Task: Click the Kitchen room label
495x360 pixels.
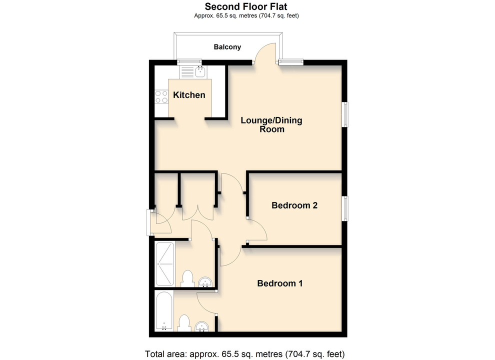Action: pyautogui.click(x=189, y=95)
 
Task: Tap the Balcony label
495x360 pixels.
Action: pyautogui.click(x=227, y=47)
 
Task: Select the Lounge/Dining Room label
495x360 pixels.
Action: pyautogui.click(x=271, y=124)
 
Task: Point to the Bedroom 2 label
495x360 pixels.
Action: pyautogui.click(x=294, y=205)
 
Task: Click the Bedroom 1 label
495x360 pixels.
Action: pyautogui.click(x=280, y=283)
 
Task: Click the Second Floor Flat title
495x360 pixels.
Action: pyautogui.click(x=246, y=6)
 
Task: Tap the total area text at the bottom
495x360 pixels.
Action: pyautogui.click(x=244, y=354)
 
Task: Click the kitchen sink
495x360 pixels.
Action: pyautogui.click(x=200, y=72)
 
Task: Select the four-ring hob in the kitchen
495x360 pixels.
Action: pyautogui.click(x=161, y=97)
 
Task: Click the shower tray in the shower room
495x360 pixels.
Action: pyautogui.click(x=165, y=263)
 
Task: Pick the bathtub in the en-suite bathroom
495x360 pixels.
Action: pyautogui.click(x=164, y=310)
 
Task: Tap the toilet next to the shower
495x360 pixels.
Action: pyautogui.click(x=187, y=278)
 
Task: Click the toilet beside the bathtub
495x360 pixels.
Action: pyautogui.click(x=183, y=322)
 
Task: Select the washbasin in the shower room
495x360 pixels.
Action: pyautogui.click(x=205, y=282)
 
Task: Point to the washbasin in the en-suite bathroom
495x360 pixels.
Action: pyautogui.click(x=201, y=326)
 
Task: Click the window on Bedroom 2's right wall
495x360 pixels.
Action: pyautogui.click(x=345, y=208)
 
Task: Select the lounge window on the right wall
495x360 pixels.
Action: pyautogui.click(x=345, y=114)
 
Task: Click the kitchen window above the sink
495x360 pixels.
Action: pyautogui.click(x=189, y=62)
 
